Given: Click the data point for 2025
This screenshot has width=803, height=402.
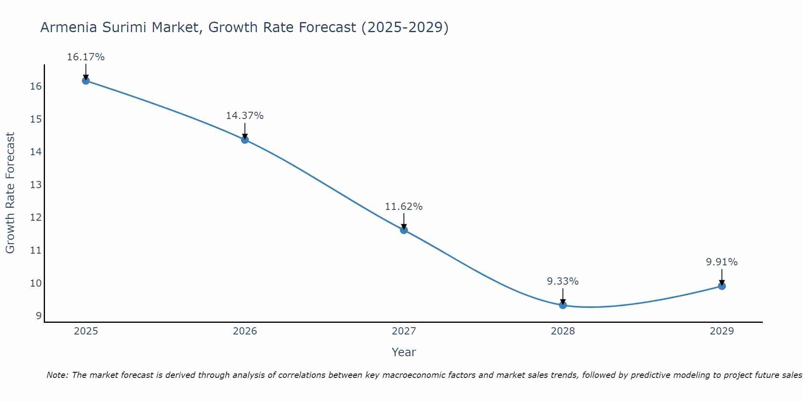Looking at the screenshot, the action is [x=86, y=80].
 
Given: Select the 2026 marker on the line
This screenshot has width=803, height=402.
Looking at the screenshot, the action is [x=245, y=139].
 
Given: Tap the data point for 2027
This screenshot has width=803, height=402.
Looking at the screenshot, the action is [x=404, y=230].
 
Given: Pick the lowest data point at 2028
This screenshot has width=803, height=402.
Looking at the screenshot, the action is [x=563, y=305].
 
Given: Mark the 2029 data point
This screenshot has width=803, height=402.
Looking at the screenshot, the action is [x=722, y=286].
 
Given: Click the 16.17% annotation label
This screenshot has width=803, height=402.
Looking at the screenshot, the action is [x=86, y=57].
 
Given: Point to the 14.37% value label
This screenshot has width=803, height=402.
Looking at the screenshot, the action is [x=245, y=116].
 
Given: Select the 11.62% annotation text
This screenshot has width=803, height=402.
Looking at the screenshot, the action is [x=404, y=207].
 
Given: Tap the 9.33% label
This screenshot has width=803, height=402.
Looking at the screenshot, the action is [x=563, y=281].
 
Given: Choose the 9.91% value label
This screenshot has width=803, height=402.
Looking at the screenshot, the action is [x=722, y=262].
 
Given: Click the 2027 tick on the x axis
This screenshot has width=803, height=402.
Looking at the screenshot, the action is [x=404, y=331].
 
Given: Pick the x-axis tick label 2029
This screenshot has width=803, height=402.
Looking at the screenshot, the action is [x=722, y=331].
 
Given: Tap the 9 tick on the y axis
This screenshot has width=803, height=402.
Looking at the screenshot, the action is [x=39, y=316].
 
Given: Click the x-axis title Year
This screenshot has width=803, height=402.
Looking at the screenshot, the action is [x=404, y=352].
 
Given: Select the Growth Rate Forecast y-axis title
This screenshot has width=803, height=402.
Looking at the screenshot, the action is [x=10, y=193].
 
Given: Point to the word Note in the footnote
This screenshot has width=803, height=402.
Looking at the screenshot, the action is [x=58, y=375].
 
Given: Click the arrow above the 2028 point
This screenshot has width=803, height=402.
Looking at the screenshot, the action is [x=563, y=297].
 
